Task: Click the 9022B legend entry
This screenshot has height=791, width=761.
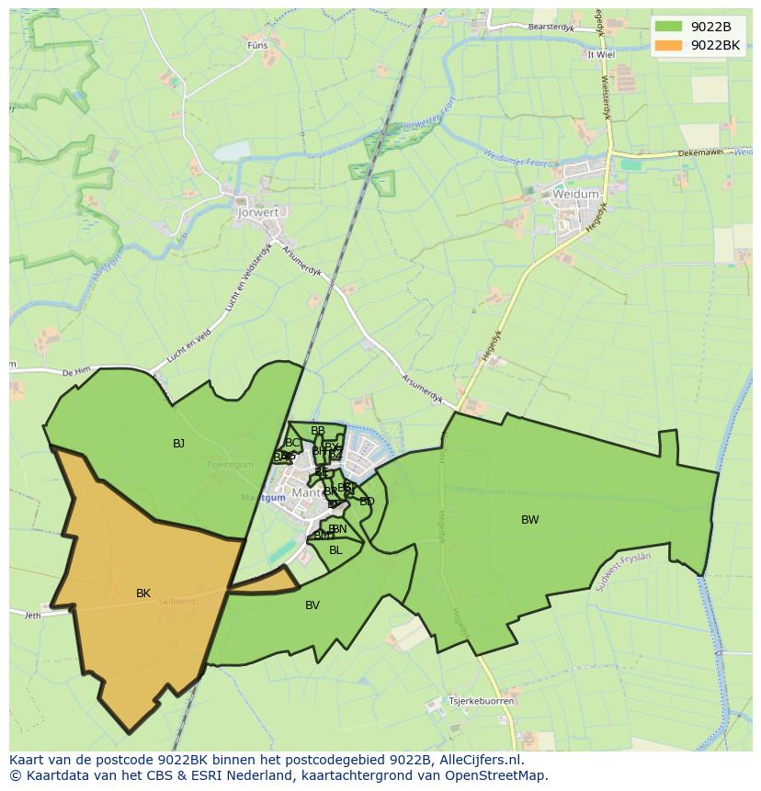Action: pos(710,27)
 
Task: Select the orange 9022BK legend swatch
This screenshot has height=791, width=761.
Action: pos(669,45)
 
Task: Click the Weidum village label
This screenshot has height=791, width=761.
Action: pos(575,194)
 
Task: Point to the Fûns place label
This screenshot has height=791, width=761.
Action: pos(257,44)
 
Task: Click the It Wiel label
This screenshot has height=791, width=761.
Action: pos(600,54)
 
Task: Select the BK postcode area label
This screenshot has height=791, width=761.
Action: pos(143,593)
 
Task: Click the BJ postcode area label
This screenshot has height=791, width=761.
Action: pos(178,444)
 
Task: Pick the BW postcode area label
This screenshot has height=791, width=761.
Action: pos(530,520)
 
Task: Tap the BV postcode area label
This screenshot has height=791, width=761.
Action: pos(312,605)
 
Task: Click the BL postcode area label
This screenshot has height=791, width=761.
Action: pos(335,550)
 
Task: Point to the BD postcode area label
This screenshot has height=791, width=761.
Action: pos(367,502)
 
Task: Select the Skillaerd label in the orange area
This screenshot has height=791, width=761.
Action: pos(176,601)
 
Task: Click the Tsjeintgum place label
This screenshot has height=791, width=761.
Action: pos(230,465)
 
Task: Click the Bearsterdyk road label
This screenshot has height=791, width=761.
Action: pos(551,28)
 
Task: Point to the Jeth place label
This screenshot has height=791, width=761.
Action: pos(33,615)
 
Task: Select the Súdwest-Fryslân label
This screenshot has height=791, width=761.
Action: pos(622,570)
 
